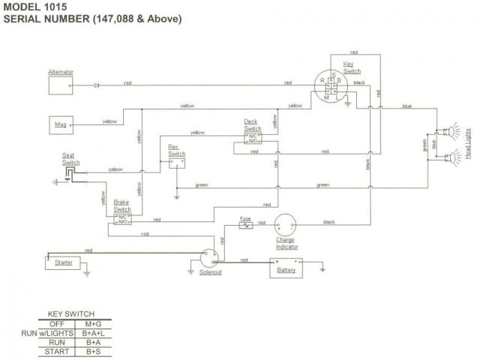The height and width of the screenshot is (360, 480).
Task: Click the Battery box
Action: pos(286,268)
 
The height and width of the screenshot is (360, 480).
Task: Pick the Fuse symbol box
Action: pos(245,224)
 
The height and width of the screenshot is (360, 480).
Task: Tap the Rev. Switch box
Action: pos(177,160)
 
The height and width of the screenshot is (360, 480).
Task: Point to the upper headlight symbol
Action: pos(452,132)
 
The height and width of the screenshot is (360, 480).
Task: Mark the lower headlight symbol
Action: pos(452,158)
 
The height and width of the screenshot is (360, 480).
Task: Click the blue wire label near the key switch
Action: pos(406,106)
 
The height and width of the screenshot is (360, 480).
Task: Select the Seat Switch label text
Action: pos(71,159)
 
